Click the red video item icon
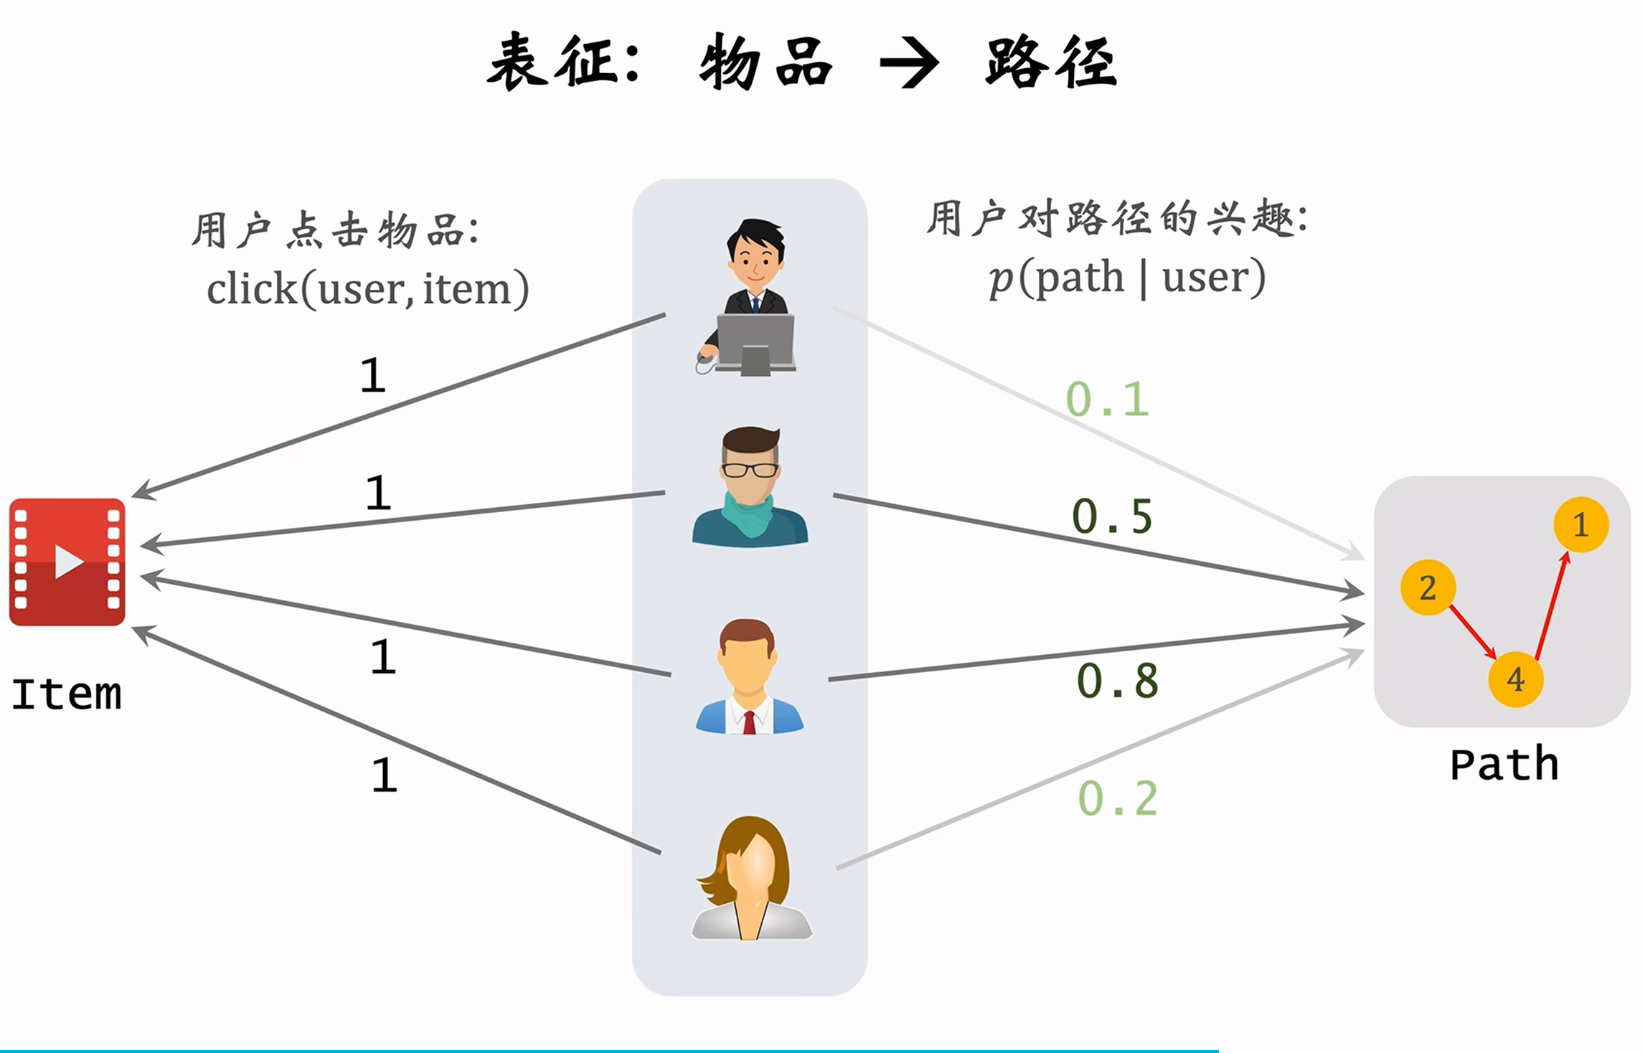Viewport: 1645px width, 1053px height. coord(67,562)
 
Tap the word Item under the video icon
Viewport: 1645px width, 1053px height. coord(66,694)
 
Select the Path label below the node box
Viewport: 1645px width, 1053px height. coord(1504,764)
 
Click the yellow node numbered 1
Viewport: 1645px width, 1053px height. coord(1580,524)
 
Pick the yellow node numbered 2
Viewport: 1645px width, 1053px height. coord(1428,587)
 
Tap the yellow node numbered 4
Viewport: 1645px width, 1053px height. coord(1515,679)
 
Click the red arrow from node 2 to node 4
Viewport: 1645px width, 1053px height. coord(1472,632)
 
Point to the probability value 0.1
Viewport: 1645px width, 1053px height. coord(1107,400)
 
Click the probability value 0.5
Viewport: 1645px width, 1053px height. coord(1112,516)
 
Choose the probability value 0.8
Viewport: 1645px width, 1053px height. coord(1117,680)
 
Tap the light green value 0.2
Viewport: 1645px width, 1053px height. coord(1118,798)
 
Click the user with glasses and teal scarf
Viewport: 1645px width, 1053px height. coord(750,488)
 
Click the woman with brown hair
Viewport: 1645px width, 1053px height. coord(750,879)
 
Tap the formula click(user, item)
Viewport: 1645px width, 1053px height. coord(367,289)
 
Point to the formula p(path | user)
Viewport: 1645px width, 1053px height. coord(1126,278)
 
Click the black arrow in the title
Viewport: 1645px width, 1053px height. coord(909,63)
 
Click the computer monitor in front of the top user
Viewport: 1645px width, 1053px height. coord(755,343)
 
